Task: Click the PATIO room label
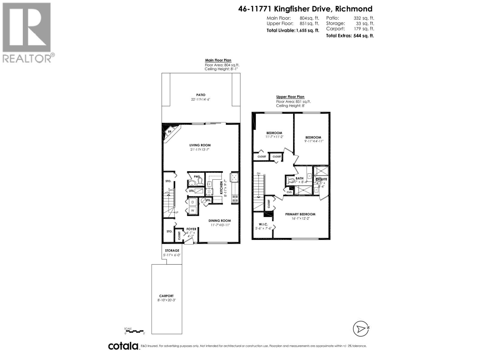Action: (x=201, y=95)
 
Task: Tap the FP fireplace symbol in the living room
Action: (x=169, y=132)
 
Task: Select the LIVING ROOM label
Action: (x=200, y=145)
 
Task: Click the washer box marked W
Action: (x=193, y=211)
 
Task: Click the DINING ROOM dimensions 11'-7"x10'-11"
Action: (x=220, y=225)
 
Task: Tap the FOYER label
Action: (x=191, y=229)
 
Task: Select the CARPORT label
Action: (x=166, y=296)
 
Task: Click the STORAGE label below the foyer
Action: (x=172, y=250)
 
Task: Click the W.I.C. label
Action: (x=263, y=224)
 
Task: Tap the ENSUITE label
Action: (x=321, y=179)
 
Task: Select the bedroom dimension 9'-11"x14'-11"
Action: (x=313, y=141)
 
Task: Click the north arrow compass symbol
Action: (x=360, y=329)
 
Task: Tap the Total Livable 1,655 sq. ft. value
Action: (x=307, y=30)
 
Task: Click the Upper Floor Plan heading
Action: (x=290, y=97)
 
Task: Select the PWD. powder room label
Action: (x=197, y=176)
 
